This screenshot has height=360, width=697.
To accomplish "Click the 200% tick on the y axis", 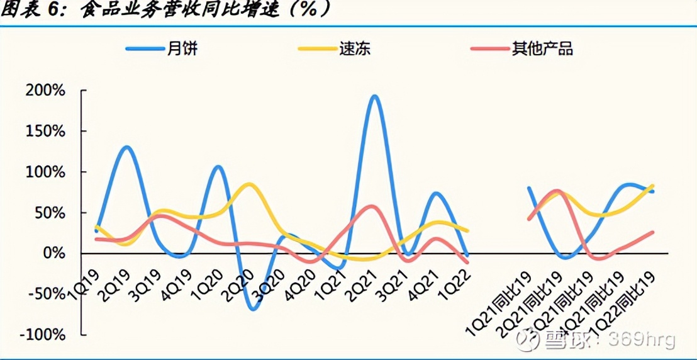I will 45,91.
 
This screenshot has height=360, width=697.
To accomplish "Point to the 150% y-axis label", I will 45,132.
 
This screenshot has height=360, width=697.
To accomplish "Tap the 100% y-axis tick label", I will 45,172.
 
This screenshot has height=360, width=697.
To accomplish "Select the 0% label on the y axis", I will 53,254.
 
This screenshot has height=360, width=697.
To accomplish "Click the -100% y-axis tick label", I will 42,335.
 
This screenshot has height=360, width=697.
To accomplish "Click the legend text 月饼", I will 182,48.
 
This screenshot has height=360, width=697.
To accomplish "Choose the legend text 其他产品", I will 542,48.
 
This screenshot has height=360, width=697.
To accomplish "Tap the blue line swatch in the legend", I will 143,48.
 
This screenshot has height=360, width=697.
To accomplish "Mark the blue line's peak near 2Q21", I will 374,96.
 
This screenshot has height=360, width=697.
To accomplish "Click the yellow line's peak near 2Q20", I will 250,184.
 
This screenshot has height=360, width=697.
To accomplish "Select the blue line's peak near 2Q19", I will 126,147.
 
